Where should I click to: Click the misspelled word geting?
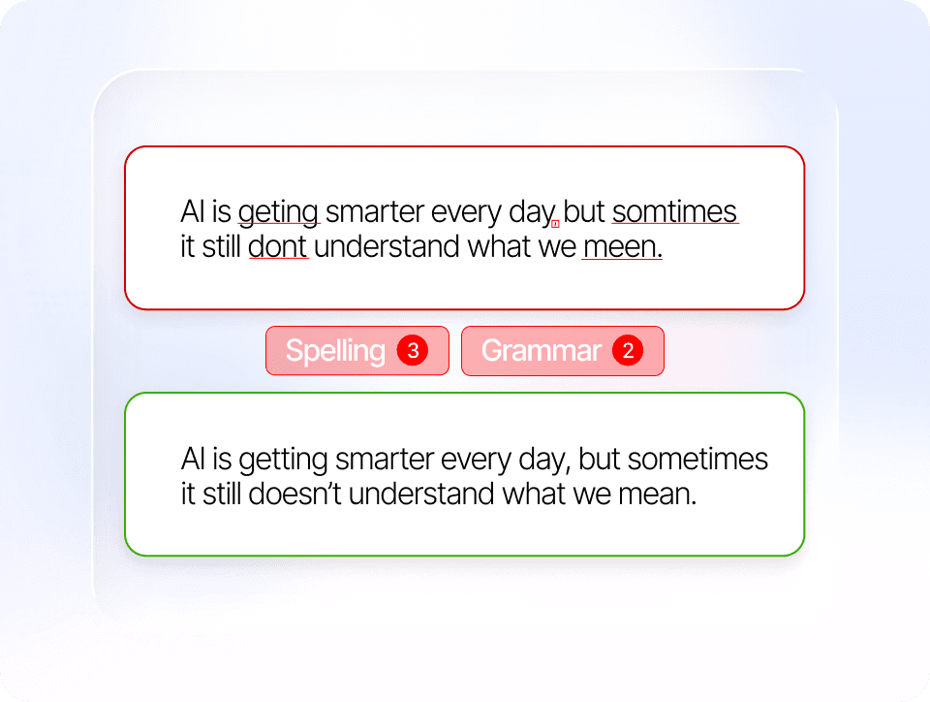pyautogui.click(x=279, y=213)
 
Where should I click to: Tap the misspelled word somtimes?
pyautogui.click(x=675, y=211)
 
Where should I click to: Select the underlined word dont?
pyautogui.click(x=278, y=246)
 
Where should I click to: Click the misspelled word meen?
pyautogui.click(x=622, y=247)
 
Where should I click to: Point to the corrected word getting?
pyautogui.click(x=283, y=461)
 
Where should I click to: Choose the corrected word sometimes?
pyautogui.click(x=697, y=459)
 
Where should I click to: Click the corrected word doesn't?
pyautogui.click(x=294, y=494)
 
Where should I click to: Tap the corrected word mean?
pyautogui.click(x=657, y=494)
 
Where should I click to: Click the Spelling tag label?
pyautogui.click(x=335, y=351)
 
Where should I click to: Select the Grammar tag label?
pyautogui.click(x=541, y=350)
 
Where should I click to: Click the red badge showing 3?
pyautogui.click(x=413, y=350)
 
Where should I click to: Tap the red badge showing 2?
pyautogui.click(x=628, y=350)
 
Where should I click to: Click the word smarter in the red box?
pyautogui.click(x=375, y=211)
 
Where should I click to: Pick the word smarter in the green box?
pyautogui.click(x=385, y=460)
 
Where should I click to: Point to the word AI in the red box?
pyautogui.click(x=193, y=211)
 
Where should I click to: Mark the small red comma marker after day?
pyautogui.click(x=555, y=224)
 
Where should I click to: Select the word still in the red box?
pyautogui.click(x=221, y=246)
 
